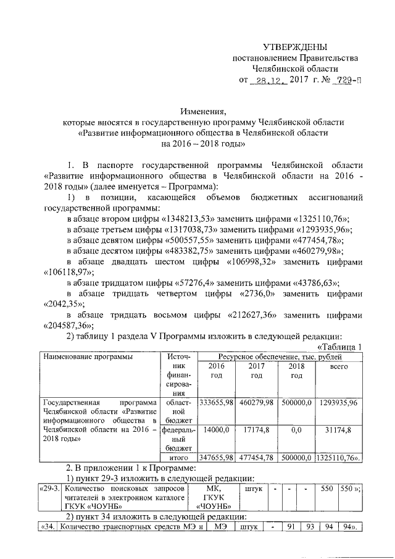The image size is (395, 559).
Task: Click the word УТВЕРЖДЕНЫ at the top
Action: (x=292, y=48)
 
